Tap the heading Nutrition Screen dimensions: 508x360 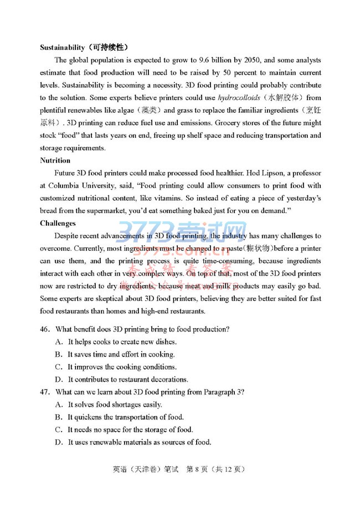tap(55, 160)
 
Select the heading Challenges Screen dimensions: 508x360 tap(58, 224)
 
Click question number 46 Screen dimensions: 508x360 tap(46, 329)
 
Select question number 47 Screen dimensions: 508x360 tap(46, 392)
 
